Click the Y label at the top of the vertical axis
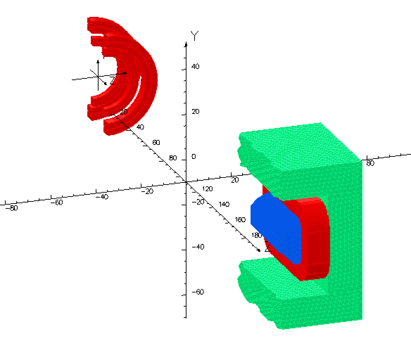195,36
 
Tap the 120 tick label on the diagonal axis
207,189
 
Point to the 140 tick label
224,204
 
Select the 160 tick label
240,220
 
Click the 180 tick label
257,235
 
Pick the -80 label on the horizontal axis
12,208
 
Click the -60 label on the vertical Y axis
198,292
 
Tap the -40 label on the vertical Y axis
198,247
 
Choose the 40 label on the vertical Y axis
196,66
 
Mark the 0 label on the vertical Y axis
194,156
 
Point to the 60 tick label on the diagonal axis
156,142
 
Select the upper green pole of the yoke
299,148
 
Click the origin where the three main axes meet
186,182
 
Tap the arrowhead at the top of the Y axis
186,44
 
